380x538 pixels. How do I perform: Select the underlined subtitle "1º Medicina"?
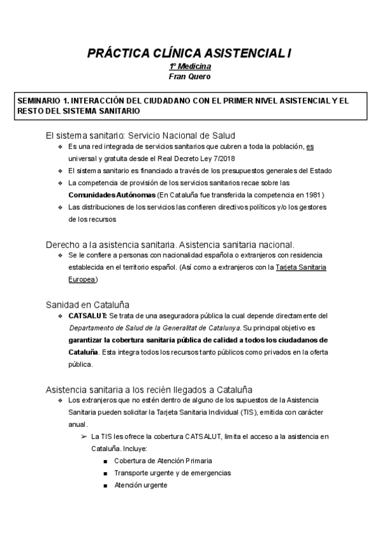click(190, 67)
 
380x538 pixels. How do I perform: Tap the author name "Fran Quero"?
click(190, 76)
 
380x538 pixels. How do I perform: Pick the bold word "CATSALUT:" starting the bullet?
click(87, 315)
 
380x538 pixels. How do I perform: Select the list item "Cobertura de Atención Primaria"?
click(163, 461)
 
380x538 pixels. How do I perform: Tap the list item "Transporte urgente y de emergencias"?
click(172, 473)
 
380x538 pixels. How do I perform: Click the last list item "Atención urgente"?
click(141, 485)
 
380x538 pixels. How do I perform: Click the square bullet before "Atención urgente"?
click(105, 485)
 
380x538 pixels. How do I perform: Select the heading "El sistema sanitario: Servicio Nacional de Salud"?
click(141, 134)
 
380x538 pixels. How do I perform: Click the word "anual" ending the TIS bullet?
click(78, 425)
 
